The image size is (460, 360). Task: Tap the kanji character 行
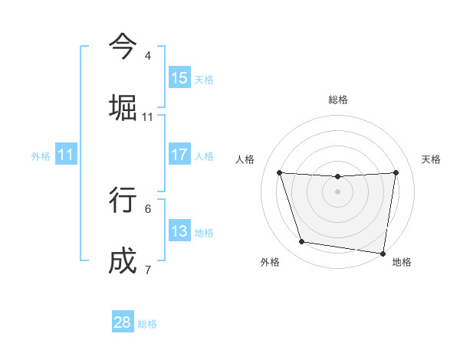coord(123,199)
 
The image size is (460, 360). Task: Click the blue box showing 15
coord(179,77)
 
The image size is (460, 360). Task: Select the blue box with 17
coord(179,155)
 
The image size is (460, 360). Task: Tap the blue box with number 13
coord(179,231)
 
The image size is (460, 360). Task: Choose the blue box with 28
coord(123,322)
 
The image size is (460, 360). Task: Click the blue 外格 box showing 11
coord(66,155)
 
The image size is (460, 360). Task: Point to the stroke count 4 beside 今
coord(148,56)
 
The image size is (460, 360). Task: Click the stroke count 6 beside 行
coord(148,208)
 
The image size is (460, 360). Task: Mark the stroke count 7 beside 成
coord(148,270)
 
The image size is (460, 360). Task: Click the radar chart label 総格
coord(338,100)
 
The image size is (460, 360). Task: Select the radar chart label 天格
coord(431,159)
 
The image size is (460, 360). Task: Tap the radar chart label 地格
coord(402,262)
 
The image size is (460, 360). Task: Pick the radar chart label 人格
coord(245,159)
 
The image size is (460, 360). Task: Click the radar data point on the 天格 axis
coord(396,172)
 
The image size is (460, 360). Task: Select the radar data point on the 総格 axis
coord(338,177)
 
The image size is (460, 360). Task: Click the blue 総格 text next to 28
coord(147,324)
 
